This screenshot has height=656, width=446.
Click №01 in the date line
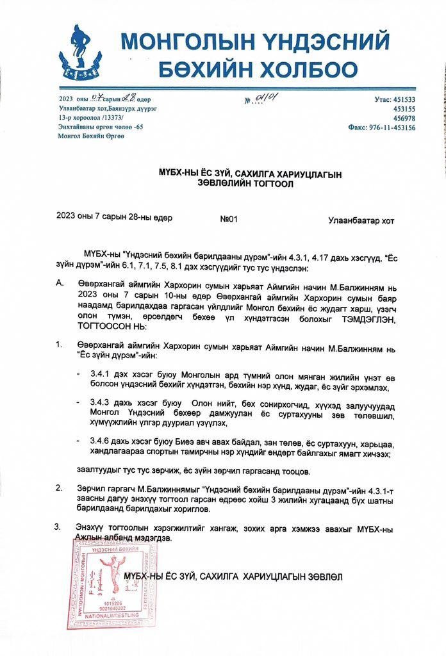pyautogui.click(x=229, y=219)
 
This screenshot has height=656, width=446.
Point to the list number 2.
pyautogui.click(x=60, y=488)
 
